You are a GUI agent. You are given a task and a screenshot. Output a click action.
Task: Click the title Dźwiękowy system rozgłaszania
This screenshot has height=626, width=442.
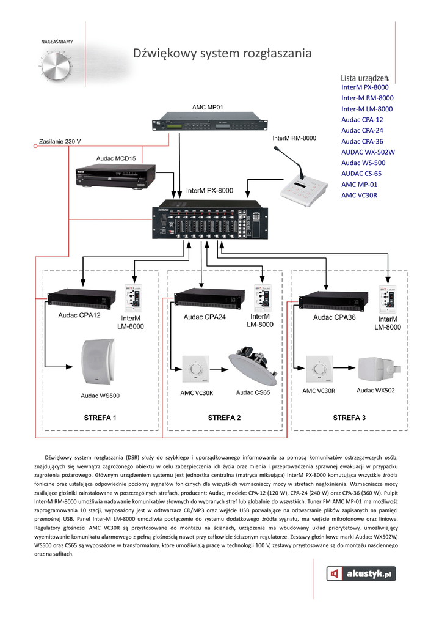(x=222, y=54)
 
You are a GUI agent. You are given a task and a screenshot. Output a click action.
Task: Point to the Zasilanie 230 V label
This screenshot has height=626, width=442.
(x=60, y=142)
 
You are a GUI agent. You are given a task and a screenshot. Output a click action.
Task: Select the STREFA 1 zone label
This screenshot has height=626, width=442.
(x=100, y=418)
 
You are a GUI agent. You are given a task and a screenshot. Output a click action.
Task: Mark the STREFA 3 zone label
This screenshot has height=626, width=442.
(x=349, y=418)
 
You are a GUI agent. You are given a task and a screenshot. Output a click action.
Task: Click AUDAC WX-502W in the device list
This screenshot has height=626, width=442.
(x=368, y=152)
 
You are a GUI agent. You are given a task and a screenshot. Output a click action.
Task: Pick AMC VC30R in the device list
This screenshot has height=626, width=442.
(x=360, y=196)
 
